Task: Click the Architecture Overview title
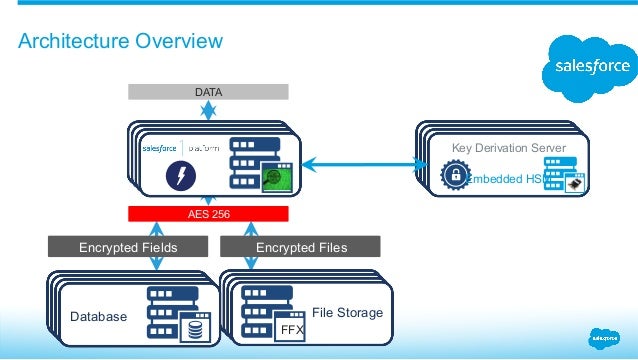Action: (x=121, y=41)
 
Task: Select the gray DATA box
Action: (x=208, y=92)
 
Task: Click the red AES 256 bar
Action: (x=208, y=214)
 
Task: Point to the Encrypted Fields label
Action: (x=128, y=247)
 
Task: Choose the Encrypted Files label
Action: (x=302, y=247)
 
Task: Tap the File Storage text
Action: (x=347, y=313)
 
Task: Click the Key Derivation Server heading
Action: (x=508, y=148)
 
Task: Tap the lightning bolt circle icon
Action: (x=181, y=175)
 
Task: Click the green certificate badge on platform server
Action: (x=273, y=181)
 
